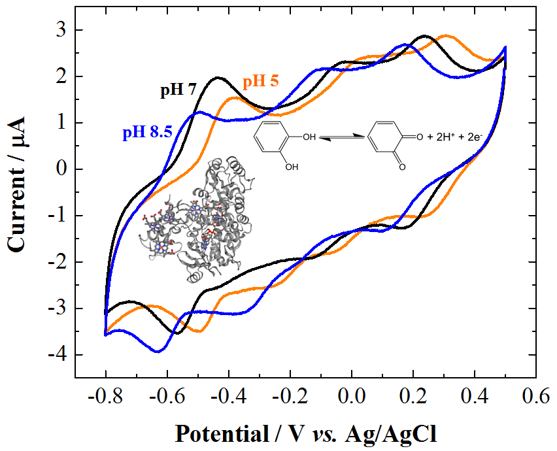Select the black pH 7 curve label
[x=178, y=90]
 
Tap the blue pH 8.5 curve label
[x=146, y=133]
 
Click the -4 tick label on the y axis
[x=59, y=355]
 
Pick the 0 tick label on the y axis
[x=63, y=169]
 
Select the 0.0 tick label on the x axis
[x=352, y=396]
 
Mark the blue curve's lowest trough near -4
[x=158, y=352]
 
